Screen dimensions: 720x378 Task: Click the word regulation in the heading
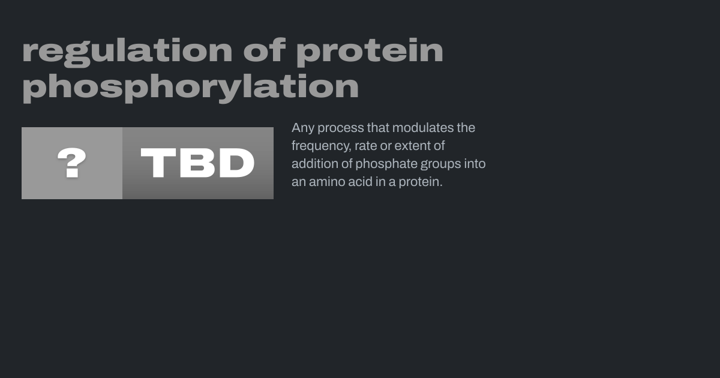click(127, 52)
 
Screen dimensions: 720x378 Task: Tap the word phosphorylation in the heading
click(190, 88)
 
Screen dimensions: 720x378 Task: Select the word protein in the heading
click(370, 52)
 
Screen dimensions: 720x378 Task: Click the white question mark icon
click(71, 163)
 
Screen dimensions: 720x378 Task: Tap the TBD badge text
click(197, 163)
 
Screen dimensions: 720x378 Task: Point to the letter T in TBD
click(158, 163)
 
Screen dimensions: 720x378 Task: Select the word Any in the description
click(303, 128)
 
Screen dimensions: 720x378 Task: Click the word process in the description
click(341, 128)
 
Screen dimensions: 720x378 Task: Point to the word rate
click(366, 146)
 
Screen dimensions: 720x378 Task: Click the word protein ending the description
click(421, 182)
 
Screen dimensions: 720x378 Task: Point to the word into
click(475, 164)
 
